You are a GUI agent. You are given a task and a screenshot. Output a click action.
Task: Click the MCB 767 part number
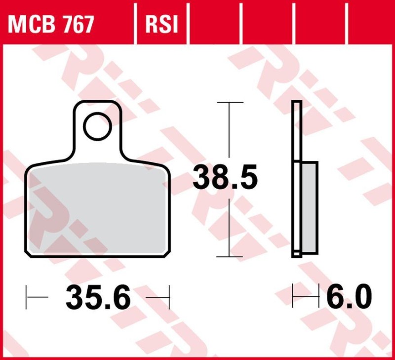tap(51, 24)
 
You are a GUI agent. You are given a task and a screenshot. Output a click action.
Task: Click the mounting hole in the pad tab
tap(97, 127)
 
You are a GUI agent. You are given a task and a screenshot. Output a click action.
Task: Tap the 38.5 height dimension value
tap(225, 178)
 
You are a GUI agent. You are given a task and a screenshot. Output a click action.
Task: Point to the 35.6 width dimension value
tap(98, 297)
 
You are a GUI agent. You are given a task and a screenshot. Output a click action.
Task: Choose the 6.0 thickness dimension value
tap(349, 297)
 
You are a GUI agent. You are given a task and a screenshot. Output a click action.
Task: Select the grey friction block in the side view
tap(309, 207)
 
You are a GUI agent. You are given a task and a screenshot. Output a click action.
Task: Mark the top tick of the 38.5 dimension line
tap(230, 103)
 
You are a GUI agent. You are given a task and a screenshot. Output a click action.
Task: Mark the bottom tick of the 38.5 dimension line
tap(230, 257)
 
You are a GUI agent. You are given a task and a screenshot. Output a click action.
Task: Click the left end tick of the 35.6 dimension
tap(26, 297)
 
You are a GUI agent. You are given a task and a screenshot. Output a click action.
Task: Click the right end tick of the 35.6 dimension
tap(169, 297)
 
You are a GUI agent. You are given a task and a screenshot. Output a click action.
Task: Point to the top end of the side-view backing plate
tap(296, 102)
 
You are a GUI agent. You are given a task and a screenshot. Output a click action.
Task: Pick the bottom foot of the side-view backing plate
tap(297, 254)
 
